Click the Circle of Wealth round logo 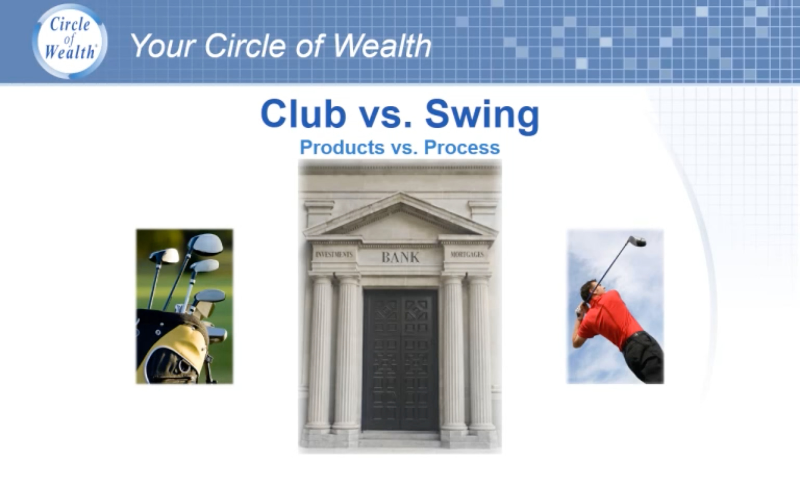point(70,41)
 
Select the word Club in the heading point(303,114)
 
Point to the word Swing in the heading point(482,117)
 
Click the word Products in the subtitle point(342,147)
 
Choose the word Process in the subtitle point(462,147)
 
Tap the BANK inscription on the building point(400,258)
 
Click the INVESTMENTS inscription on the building point(334,254)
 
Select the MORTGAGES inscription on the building point(467,254)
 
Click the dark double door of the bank point(400,360)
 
